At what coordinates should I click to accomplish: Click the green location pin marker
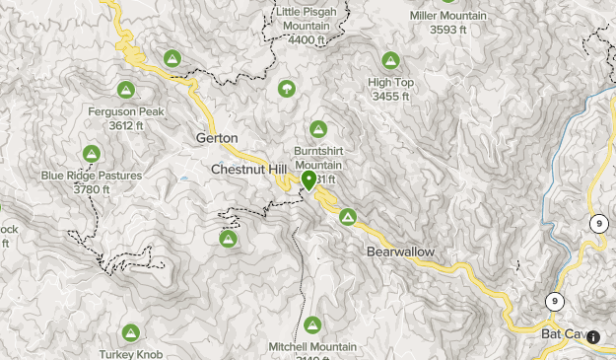[309, 180]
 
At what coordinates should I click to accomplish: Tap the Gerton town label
[217, 138]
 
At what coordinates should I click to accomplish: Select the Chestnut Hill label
[241, 170]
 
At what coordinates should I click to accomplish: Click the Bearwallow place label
[400, 252]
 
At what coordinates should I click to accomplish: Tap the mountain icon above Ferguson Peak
[128, 88]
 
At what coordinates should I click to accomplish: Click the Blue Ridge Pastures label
[91, 176]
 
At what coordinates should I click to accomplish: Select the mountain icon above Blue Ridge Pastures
[91, 153]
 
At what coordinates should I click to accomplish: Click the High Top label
[391, 83]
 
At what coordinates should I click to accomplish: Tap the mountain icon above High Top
[391, 60]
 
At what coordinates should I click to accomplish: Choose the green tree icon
[286, 89]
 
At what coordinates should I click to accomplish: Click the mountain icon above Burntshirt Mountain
[318, 129]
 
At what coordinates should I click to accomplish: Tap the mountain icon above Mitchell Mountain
[313, 324]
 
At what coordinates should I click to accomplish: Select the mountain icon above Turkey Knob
[130, 332]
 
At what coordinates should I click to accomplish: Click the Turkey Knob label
[130, 354]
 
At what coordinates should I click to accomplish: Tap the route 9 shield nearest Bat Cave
[556, 301]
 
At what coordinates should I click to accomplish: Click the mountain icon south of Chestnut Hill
[228, 239]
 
